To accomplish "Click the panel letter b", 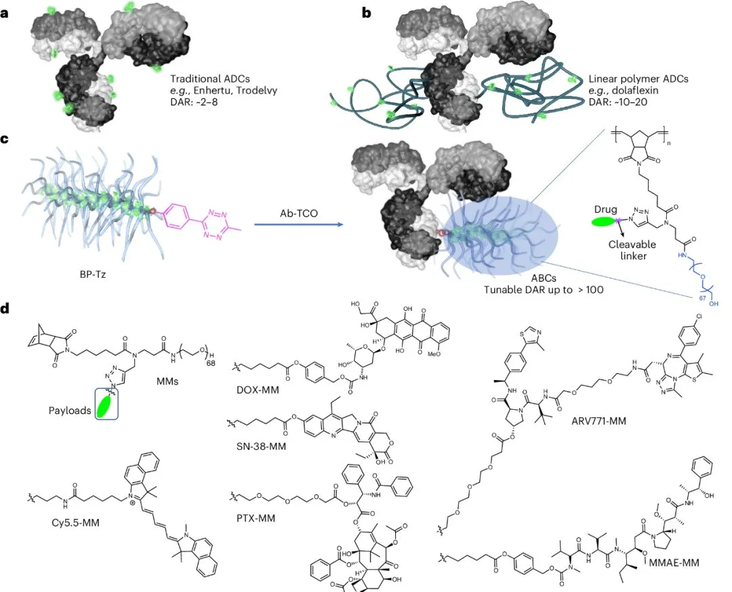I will pos(367,12).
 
